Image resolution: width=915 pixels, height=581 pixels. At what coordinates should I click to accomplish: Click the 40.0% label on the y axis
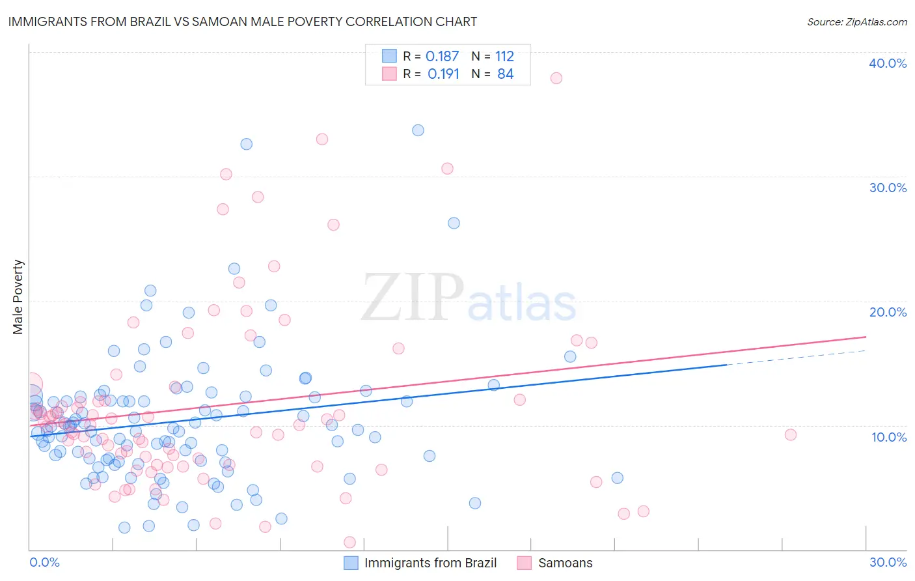point(888,63)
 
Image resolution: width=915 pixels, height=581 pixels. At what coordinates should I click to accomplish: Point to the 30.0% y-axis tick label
point(888,188)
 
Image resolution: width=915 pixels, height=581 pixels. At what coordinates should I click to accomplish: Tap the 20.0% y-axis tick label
point(888,312)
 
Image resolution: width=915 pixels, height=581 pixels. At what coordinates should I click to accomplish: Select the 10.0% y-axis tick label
point(889,437)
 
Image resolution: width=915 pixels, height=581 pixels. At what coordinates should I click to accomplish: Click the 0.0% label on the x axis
point(44,562)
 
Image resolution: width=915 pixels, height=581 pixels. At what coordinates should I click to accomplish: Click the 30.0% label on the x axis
point(888,562)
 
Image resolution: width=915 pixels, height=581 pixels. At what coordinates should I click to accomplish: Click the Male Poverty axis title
point(18,297)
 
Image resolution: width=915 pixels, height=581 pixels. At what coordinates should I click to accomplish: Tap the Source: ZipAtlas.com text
point(856,21)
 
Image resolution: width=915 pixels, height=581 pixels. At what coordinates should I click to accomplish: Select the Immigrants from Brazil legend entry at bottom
point(430,563)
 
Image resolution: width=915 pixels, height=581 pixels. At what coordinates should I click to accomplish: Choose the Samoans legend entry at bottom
point(565,563)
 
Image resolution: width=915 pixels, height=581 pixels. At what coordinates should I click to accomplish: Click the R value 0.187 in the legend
point(442,57)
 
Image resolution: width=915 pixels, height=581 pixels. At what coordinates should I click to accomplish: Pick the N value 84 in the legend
point(505,74)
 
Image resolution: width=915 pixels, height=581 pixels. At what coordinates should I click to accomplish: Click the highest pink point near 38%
point(556,78)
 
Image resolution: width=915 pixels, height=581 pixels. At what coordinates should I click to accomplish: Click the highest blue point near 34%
point(418,130)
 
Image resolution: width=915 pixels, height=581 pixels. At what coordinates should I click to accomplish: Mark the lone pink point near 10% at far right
point(790,435)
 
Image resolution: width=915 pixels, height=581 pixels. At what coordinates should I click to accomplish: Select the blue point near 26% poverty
point(454,223)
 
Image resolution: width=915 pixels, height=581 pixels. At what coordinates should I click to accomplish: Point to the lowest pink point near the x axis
point(349,542)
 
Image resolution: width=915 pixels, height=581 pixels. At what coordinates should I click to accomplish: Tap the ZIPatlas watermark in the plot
point(469,298)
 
